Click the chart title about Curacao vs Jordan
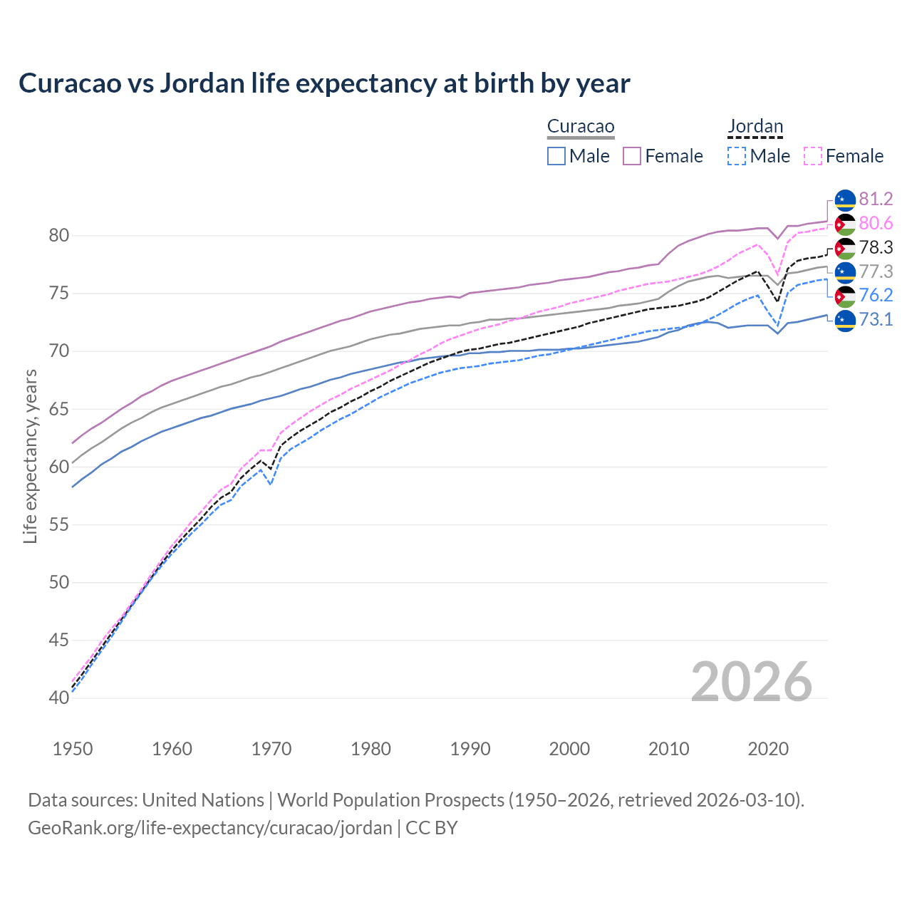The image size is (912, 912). (324, 83)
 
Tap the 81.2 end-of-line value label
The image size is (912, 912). (876, 199)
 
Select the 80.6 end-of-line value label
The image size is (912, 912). (876, 224)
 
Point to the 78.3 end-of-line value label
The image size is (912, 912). (876, 248)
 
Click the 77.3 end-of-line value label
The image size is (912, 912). (876, 271)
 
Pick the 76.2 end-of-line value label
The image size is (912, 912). (876, 296)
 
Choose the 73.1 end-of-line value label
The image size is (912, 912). (876, 320)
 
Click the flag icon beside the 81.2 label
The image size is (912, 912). (845, 199)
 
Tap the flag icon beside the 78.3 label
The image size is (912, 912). (845, 248)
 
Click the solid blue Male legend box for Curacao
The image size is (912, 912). (556, 156)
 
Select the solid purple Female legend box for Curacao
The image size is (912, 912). (632, 156)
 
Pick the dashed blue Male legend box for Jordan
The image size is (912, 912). (737, 156)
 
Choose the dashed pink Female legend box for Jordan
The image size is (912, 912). (813, 156)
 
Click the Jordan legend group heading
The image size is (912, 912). (755, 127)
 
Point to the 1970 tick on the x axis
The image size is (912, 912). (271, 749)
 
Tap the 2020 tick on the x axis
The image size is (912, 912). (768, 749)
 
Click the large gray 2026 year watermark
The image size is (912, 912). (752, 682)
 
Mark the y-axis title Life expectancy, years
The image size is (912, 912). (31, 456)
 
